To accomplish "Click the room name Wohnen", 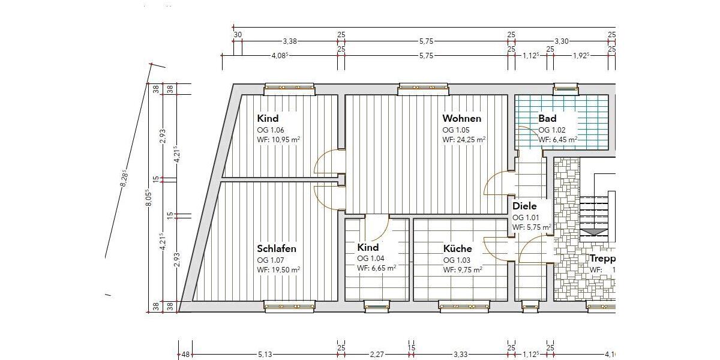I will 461,119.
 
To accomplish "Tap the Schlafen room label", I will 277,248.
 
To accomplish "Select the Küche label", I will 457,248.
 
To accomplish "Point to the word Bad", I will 547,119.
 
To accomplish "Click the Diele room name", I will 524,206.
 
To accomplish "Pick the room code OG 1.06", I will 271,130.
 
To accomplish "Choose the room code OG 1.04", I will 370,259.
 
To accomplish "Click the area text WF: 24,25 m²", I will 464,139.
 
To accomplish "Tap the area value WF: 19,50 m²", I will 278,270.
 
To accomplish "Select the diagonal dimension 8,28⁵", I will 124,179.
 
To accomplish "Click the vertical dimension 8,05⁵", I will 149,198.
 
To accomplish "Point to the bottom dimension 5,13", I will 265,355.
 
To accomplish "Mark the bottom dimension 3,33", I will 460,355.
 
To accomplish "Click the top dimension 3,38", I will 290,42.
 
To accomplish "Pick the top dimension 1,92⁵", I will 581,55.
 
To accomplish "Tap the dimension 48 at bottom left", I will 185,355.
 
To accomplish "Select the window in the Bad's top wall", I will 566,89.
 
